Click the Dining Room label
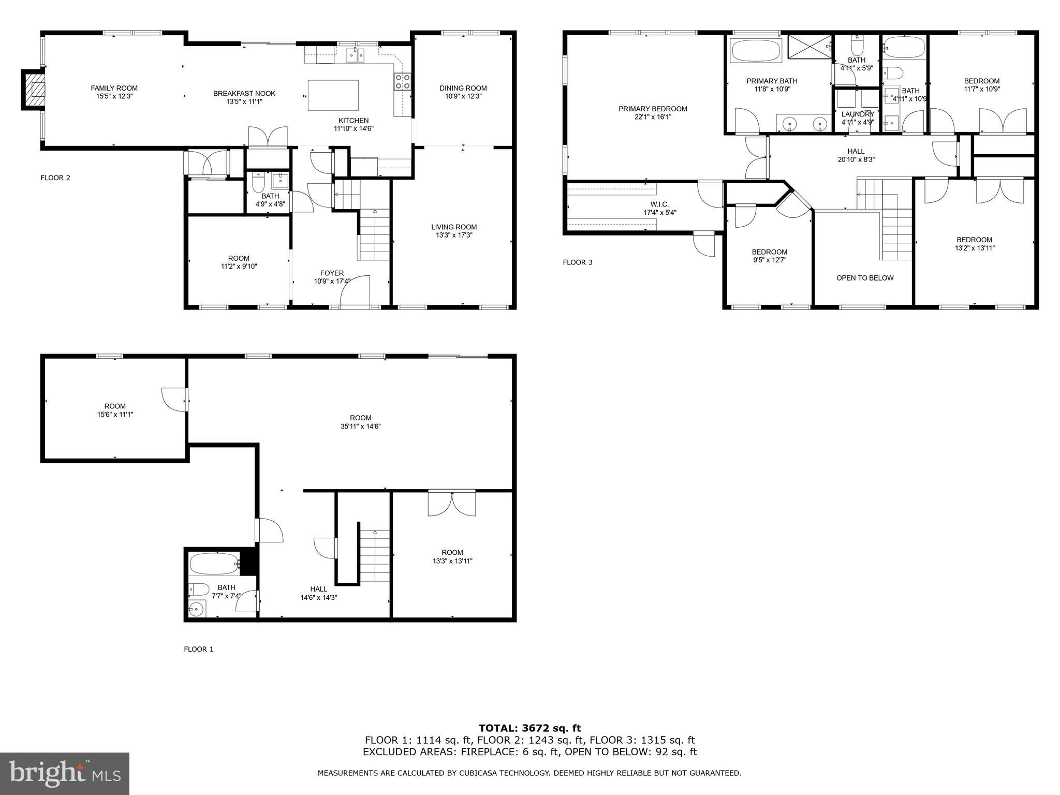463,88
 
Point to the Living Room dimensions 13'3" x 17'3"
454,235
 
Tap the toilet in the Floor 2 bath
258,182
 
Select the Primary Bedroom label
653,109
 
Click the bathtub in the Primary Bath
756,51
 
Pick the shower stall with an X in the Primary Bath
809,46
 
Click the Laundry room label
858,114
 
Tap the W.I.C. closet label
659,204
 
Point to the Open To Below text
865,278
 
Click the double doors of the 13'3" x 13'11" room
452,504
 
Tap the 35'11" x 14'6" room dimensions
360,426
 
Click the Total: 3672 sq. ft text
529,729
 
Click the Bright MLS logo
65,774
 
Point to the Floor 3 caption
578,262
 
